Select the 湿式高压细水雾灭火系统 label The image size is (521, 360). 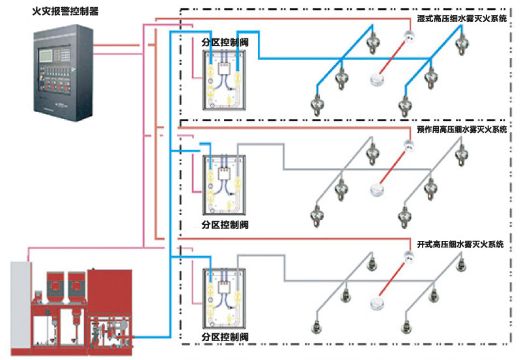(x=463, y=19)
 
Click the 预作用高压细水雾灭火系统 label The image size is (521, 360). (x=463, y=130)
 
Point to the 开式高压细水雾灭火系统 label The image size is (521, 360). (x=460, y=244)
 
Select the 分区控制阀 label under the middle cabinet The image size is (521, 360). (x=225, y=225)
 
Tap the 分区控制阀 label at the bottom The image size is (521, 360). (x=225, y=337)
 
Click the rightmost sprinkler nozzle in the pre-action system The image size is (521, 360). (x=463, y=156)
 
